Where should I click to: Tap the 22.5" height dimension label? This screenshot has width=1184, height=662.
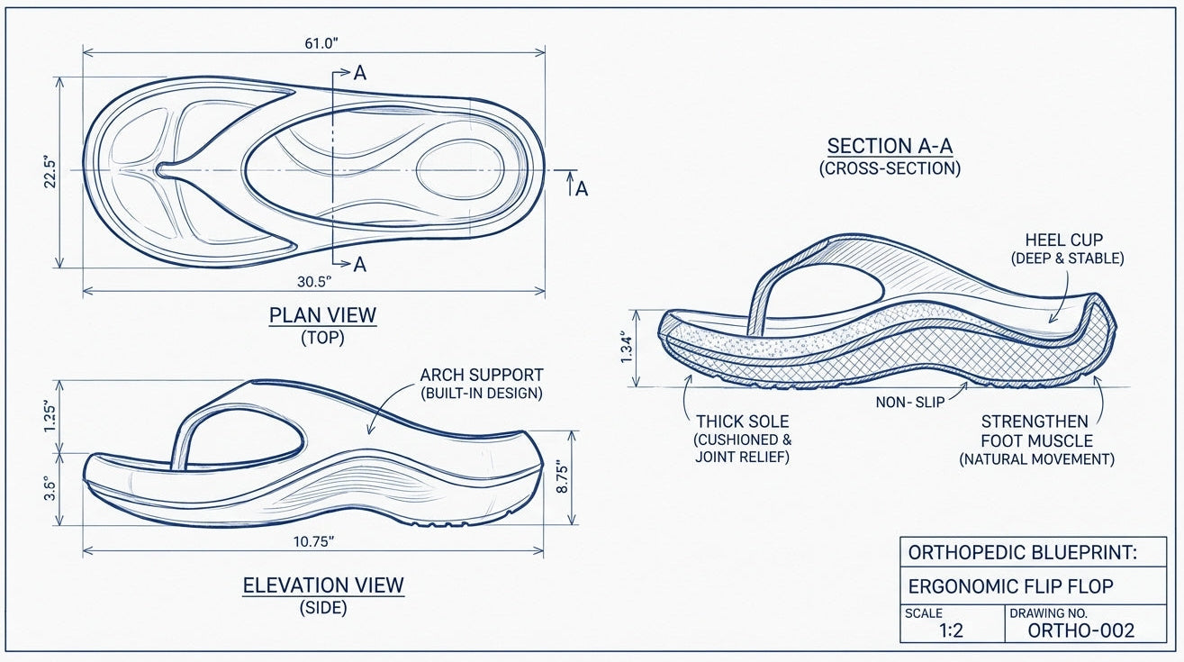[51, 172]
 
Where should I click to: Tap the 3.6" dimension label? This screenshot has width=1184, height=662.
[51, 487]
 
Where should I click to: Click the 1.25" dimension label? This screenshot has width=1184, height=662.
[51, 415]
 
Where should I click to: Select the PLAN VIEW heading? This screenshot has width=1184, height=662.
[322, 316]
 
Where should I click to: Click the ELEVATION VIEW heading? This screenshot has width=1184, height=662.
[323, 585]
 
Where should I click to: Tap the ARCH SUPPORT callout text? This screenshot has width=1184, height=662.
[482, 375]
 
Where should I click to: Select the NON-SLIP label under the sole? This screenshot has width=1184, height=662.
[910, 403]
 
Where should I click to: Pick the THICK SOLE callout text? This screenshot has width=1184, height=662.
[742, 422]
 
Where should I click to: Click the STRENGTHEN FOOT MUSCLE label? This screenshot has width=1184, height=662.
[1035, 431]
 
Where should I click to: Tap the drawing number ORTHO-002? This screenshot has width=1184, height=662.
[1080, 630]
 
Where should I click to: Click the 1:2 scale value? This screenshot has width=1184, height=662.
[951, 630]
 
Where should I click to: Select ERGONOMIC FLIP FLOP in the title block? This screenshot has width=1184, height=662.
[1010, 586]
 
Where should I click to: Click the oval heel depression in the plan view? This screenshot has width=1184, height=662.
[460, 168]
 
